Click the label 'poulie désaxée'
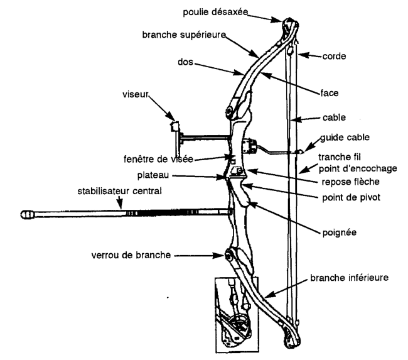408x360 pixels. coord(215,12)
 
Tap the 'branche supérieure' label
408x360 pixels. coord(184,35)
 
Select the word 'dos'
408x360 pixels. coord(186,62)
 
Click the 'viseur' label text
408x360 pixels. coord(136,94)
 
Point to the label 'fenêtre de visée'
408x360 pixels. coord(158,159)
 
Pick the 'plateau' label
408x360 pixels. coord(153,175)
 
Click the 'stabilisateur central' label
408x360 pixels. coord(119,191)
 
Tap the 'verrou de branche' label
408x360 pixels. coord(131,255)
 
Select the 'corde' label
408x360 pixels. coord(334,57)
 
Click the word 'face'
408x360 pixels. coord(330,93)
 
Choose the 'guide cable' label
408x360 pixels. coord(345,138)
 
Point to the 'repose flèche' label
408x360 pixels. coord(350,182)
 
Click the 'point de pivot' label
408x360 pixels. coord(352,197)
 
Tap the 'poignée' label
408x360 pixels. coord(340,232)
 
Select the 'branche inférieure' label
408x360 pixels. coord(349,278)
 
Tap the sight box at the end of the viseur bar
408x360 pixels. coord(174,127)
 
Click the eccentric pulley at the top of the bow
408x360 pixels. coord(290,25)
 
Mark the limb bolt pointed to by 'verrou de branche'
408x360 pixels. coord(228,256)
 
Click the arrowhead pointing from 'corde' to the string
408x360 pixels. coord(303,55)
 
